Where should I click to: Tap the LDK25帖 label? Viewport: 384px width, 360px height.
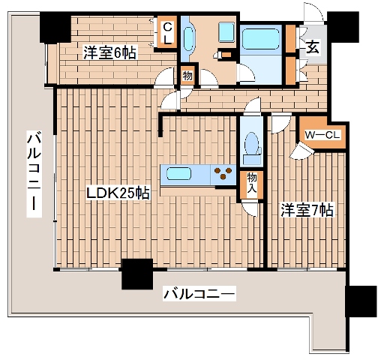118,193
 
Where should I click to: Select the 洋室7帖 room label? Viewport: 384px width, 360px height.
307,211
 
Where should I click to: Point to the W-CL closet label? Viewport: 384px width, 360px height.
322,134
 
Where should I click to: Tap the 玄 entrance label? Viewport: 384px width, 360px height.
311,47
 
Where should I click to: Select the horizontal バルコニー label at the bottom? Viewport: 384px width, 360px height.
199,293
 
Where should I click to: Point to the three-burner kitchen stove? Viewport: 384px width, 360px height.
222,173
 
